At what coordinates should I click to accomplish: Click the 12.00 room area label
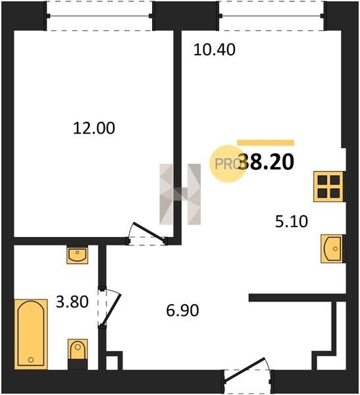94,128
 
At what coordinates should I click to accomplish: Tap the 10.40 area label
215,49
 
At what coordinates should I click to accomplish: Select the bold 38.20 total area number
266,162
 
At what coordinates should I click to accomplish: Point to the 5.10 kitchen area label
292,221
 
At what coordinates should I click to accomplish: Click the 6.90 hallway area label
183,310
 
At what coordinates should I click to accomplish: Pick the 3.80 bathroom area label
72,302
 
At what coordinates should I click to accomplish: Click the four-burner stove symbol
328,186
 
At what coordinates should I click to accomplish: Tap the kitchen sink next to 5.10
332,249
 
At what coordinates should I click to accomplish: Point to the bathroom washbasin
78,255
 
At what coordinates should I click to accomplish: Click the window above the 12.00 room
99,16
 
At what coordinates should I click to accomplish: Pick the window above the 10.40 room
272,16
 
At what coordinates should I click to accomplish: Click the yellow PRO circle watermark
228,164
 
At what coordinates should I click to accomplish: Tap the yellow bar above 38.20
265,143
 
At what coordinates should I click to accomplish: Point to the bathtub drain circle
31,359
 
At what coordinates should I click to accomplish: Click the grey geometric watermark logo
180,194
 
